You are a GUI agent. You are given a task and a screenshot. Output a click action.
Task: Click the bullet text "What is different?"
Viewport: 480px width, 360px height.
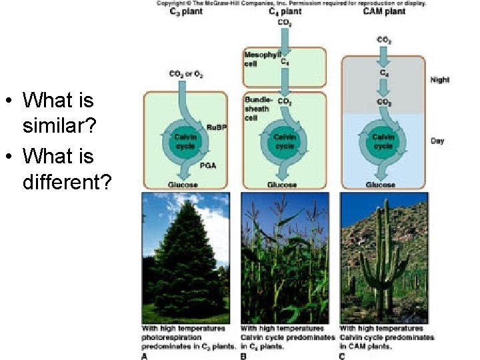(x=65, y=168)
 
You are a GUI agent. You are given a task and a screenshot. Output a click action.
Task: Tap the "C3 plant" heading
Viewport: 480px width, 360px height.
(x=179, y=11)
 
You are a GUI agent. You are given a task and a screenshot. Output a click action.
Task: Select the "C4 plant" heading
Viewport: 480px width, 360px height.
(x=285, y=11)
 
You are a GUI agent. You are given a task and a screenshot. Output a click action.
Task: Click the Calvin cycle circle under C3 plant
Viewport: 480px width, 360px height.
(x=185, y=141)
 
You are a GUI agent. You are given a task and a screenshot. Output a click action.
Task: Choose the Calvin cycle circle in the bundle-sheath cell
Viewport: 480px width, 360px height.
(x=285, y=141)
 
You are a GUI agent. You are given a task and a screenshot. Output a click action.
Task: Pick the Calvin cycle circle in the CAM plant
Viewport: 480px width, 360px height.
(x=383, y=141)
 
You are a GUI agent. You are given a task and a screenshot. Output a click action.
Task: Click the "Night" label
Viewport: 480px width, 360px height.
(x=440, y=80)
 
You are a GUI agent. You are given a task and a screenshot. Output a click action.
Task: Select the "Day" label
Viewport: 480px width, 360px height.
(x=437, y=141)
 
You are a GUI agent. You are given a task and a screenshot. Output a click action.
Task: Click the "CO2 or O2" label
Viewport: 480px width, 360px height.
(x=184, y=74)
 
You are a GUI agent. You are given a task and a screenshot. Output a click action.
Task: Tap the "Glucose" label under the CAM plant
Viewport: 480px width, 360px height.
(x=381, y=185)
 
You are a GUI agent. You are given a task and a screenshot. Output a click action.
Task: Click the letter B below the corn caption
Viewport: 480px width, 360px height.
(x=243, y=356)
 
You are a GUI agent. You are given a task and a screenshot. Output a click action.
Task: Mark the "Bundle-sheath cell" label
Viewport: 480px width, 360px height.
(x=257, y=108)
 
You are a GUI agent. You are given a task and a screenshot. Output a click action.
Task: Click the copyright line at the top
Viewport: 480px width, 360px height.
(x=292, y=3)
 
